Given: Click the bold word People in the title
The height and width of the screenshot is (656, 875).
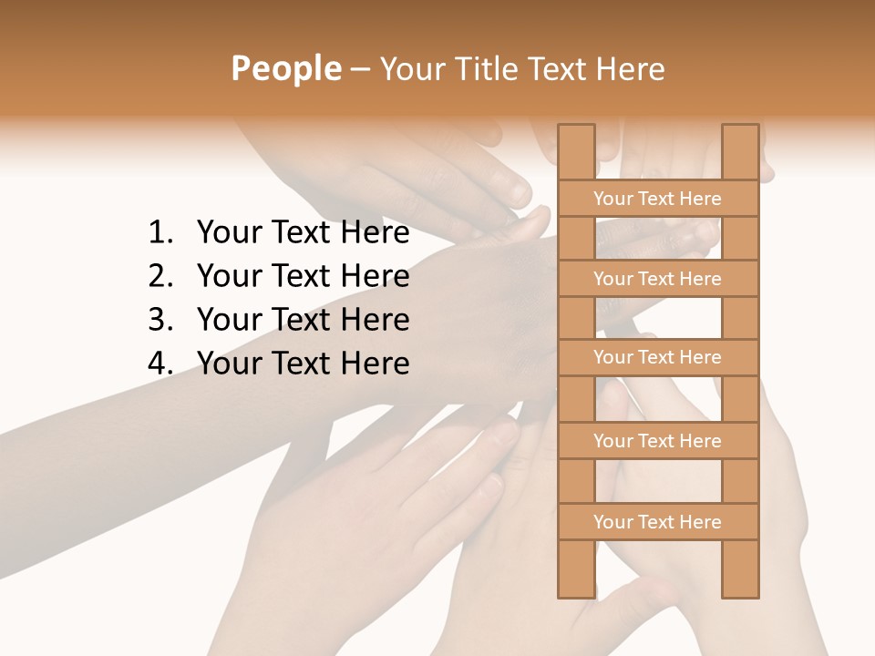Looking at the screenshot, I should coord(285,68).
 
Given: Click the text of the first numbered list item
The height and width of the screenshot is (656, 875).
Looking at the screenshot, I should coord(303,233).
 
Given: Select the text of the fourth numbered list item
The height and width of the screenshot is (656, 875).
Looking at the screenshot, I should coord(303,364).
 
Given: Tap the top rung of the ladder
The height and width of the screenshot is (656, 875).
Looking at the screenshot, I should coord(657,199).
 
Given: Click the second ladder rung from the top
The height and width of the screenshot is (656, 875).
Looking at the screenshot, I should coord(657,279).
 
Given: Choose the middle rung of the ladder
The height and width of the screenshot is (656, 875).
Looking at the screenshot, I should coord(657,358).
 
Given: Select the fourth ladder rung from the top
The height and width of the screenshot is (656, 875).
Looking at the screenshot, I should coord(657,441).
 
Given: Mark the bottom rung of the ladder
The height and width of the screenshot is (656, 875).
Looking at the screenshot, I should coord(657,522).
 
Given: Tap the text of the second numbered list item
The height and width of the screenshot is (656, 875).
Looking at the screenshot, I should coord(303,276).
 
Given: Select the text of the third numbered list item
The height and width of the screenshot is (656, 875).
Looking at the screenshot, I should coord(303,320).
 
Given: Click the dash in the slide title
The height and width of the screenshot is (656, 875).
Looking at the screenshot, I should coord(360,69).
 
